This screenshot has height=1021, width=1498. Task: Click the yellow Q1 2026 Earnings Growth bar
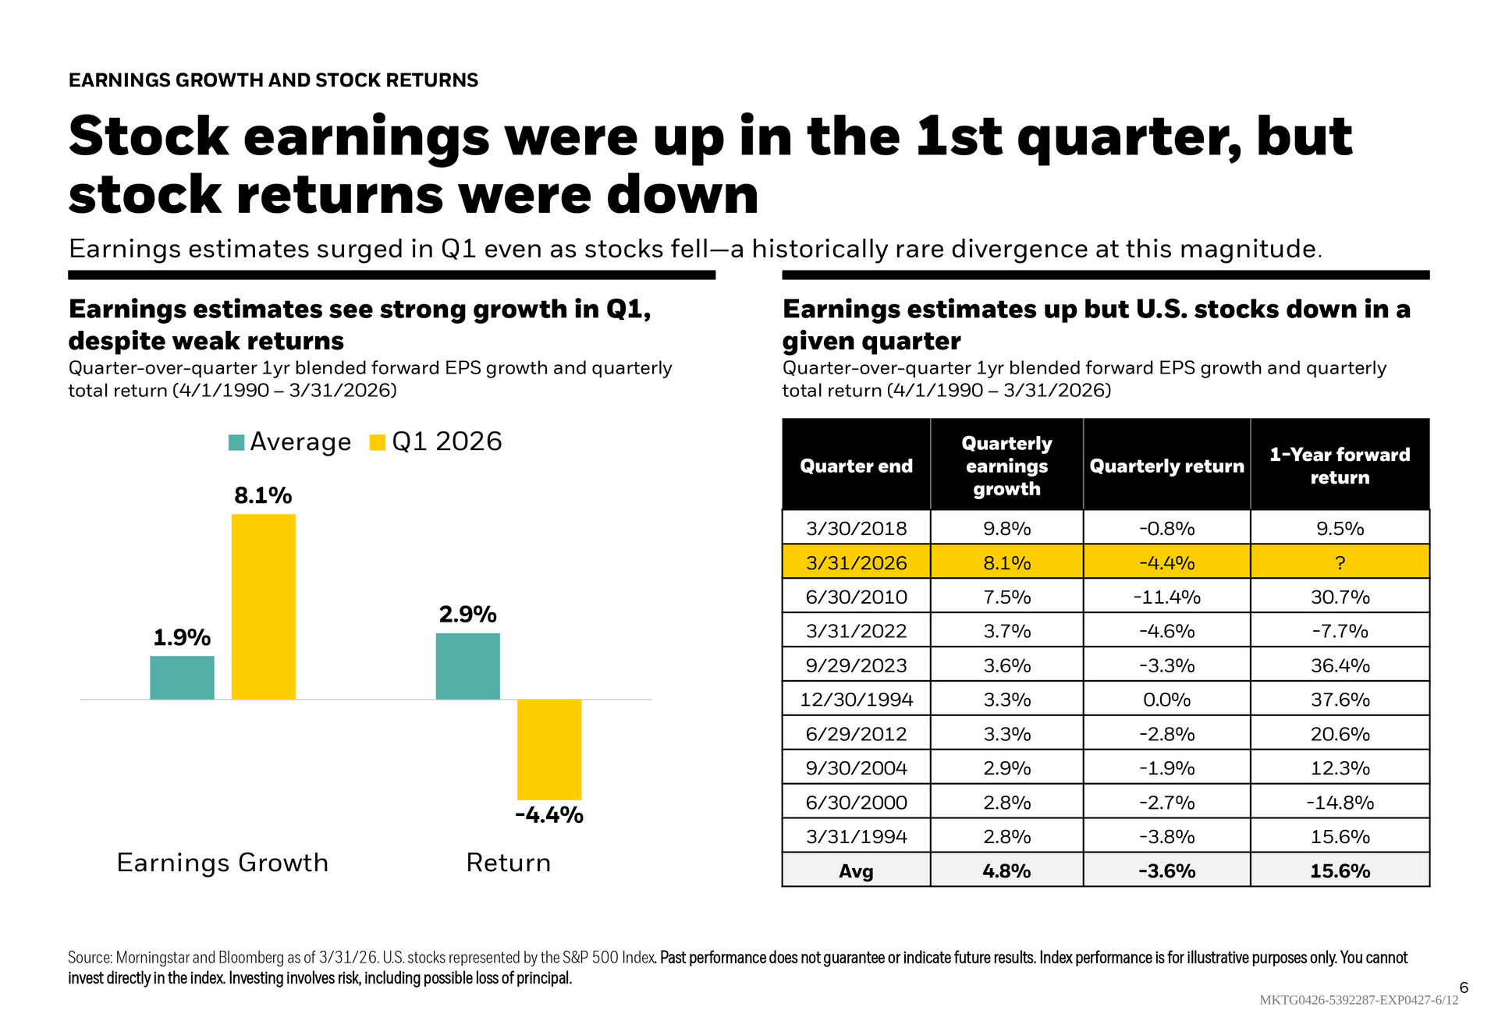pos(264,607)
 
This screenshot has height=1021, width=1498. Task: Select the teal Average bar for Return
pos(467,666)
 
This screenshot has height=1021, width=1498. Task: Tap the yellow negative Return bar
pos(549,749)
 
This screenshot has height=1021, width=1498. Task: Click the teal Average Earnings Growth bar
pos(182,678)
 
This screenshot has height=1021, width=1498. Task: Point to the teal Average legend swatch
pos(236,442)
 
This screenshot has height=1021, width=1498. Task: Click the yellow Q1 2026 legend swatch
pos(378,442)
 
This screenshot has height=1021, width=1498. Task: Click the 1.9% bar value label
pos(182,638)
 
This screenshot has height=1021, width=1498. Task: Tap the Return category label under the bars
pos(508,863)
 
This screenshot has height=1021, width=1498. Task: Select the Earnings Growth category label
pos(222,863)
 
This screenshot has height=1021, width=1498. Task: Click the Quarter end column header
pos(856,466)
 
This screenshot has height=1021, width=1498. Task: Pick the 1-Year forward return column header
pos(1340,466)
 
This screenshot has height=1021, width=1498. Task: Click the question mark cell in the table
pos(1340,562)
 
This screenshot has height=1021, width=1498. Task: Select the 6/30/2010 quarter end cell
pos(856,597)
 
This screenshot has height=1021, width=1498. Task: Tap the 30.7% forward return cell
pos(1340,597)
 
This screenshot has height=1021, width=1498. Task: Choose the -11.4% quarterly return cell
pos(1166,597)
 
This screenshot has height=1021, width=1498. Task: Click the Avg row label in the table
pos(856,871)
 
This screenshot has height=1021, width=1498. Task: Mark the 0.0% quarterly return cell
pos(1166,700)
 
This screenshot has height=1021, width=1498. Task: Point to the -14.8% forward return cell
pos(1340,803)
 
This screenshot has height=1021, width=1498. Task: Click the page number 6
pos(1464,987)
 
